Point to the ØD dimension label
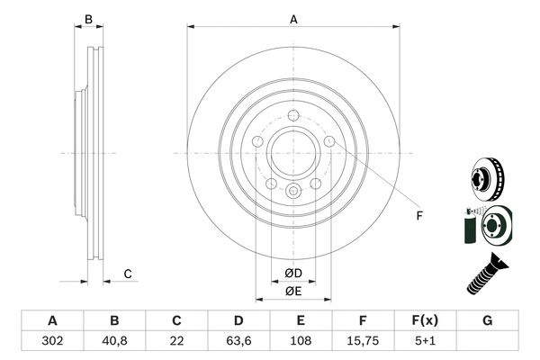point(293,273)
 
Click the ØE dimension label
point(293,291)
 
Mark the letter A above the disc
point(293,18)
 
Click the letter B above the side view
point(89,19)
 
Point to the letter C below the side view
point(128,274)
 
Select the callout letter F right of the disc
point(418,216)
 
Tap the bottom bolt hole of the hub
point(293,192)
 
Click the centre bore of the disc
point(293,154)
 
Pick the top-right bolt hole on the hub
point(328,142)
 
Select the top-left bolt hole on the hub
point(258,142)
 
